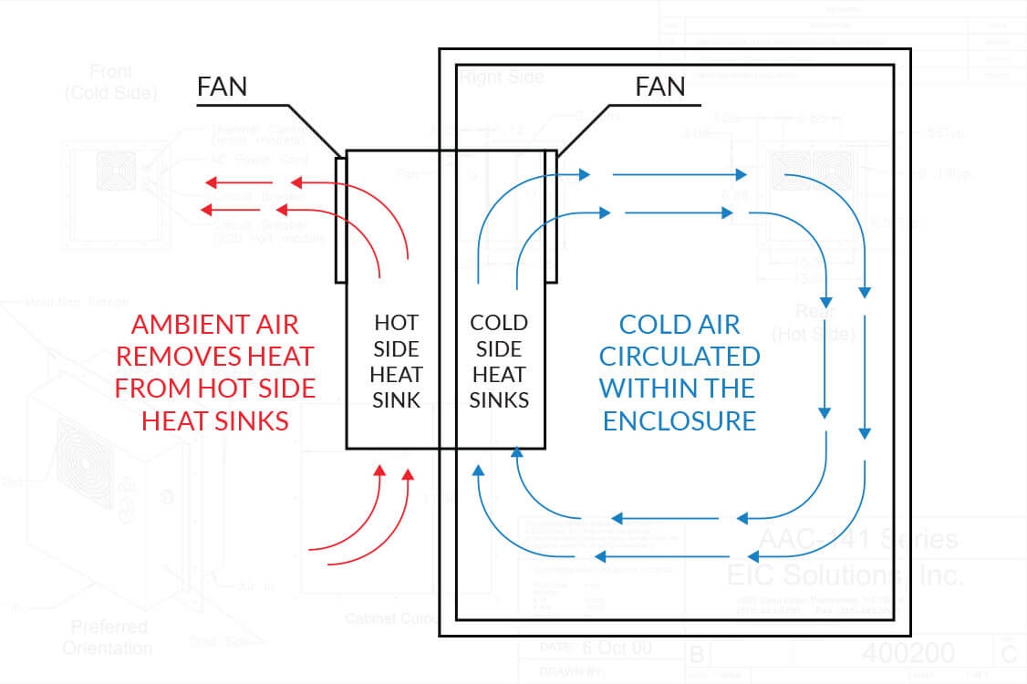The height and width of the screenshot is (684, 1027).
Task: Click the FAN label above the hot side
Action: (223, 88)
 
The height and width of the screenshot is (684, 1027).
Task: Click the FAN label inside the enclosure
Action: (659, 88)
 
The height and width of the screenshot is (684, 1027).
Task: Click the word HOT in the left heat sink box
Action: (397, 322)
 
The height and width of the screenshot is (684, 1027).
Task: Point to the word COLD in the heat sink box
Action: (499, 322)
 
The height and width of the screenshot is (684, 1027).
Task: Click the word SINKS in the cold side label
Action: (499, 399)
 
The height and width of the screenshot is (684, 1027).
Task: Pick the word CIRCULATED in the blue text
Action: (679, 356)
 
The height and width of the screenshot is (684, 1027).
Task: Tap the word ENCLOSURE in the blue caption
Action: (679, 420)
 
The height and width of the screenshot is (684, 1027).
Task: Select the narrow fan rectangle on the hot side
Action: (340, 219)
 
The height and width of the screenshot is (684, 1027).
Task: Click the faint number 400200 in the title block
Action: (908, 653)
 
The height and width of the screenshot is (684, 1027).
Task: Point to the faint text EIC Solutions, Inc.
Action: (844, 575)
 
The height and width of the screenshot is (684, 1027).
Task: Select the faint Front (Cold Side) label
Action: (110, 81)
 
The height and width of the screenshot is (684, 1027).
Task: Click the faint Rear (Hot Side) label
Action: (814, 324)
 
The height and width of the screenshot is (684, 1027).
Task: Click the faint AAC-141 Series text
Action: (858, 539)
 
